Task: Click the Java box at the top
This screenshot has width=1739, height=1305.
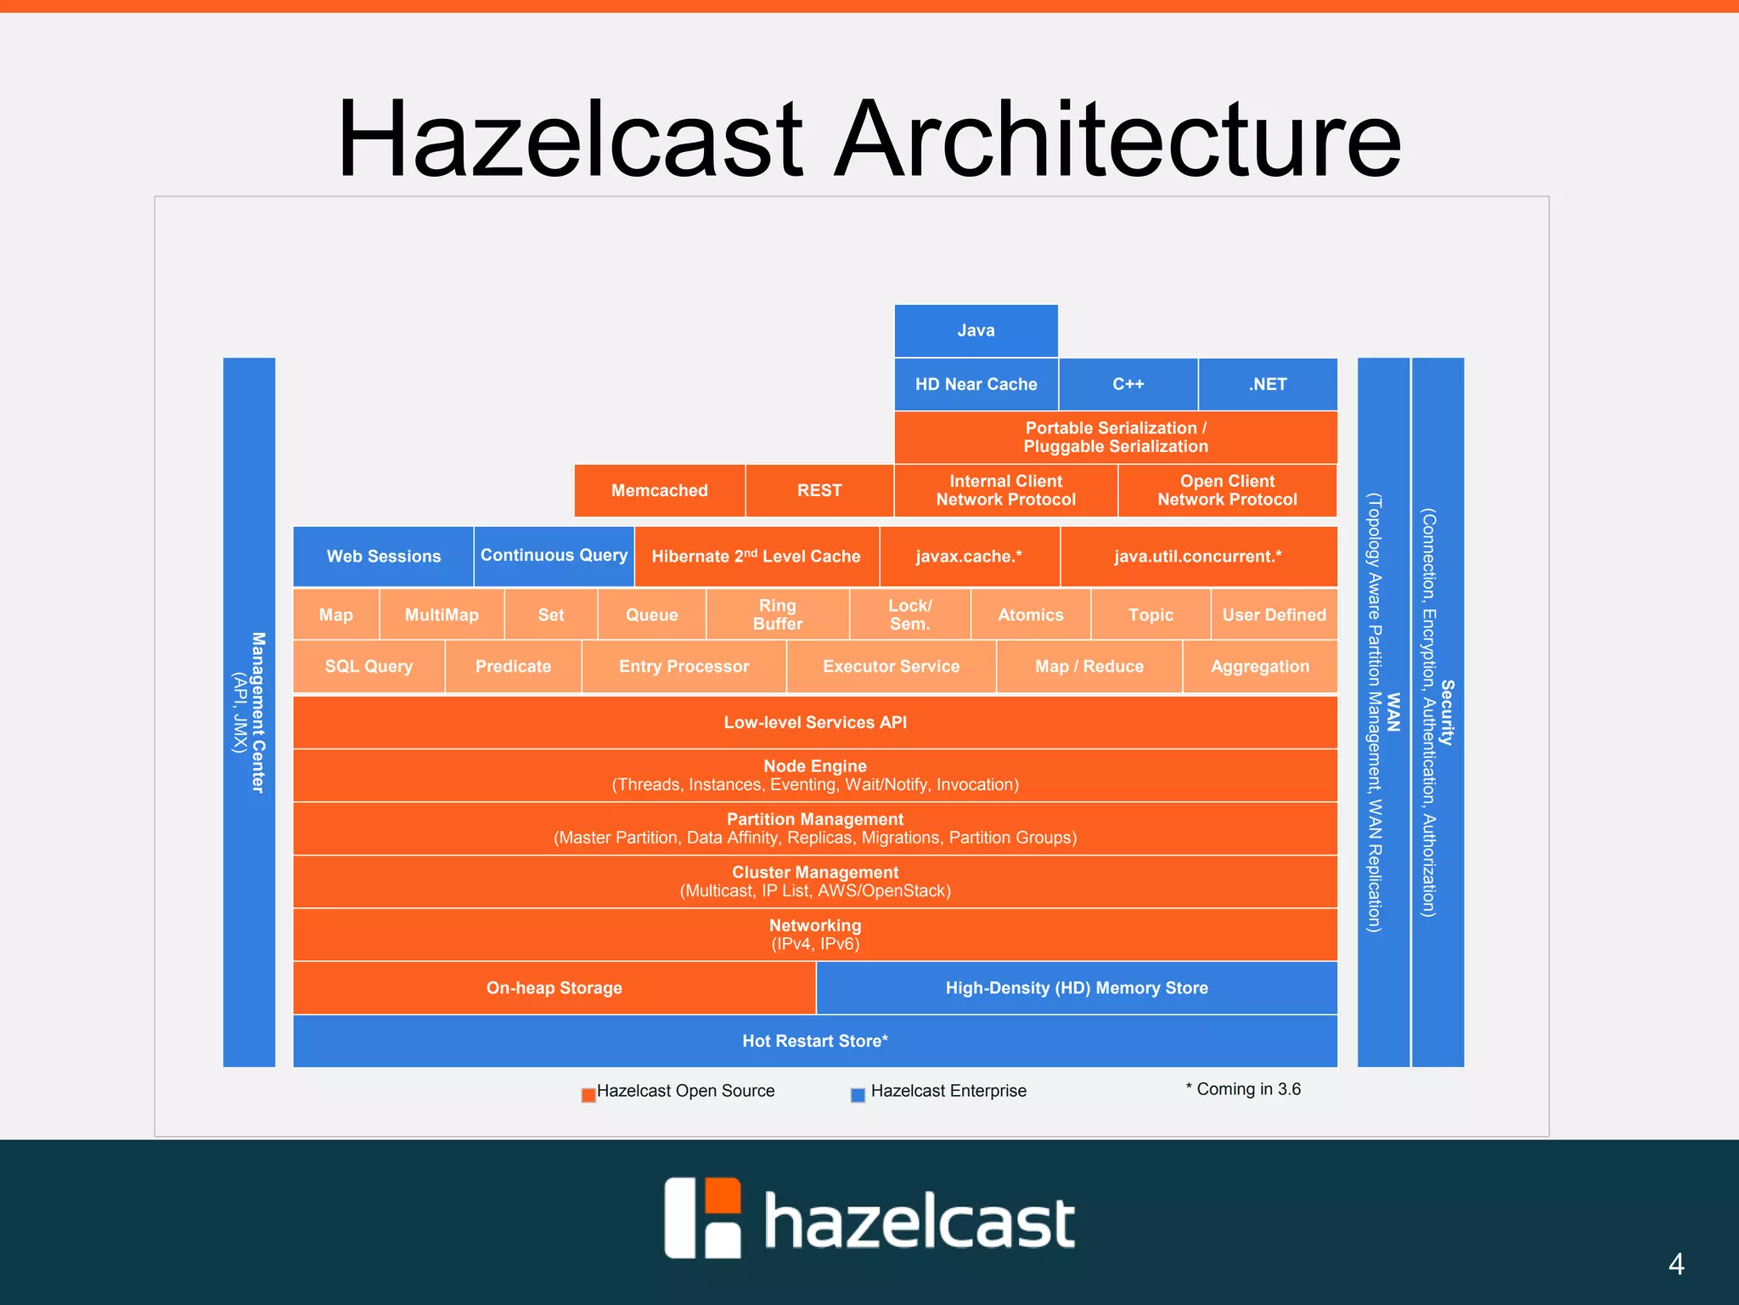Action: point(976,330)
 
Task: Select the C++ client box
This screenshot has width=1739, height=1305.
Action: point(1128,384)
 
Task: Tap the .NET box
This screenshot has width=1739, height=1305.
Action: point(1267,384)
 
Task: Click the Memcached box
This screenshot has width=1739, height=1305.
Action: point(659,490)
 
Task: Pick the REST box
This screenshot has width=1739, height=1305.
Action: point(819,490)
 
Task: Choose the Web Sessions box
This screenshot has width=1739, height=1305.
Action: point(383,556)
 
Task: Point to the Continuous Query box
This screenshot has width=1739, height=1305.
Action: point(554,556)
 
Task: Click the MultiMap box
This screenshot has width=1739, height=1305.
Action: point(442,614)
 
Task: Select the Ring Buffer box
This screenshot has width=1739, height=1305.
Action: point(777,614)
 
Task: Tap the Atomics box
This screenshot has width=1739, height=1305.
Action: point(1030,614)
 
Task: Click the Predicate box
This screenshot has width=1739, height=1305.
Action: point(513,667)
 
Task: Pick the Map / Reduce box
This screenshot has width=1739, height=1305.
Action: point(1089,667)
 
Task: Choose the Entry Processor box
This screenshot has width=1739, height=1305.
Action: point(684,667)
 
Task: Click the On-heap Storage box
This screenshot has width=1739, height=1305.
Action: point(554,988)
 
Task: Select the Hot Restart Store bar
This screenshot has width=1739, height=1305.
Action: point(815,1041)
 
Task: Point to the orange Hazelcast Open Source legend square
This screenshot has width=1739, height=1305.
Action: point(588,1095)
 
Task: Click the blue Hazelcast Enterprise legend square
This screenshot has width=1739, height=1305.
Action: point(858,1095)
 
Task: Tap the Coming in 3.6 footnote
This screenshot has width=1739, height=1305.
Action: point(1243,1089)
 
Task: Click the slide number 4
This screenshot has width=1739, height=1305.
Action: point(1676,1264)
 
